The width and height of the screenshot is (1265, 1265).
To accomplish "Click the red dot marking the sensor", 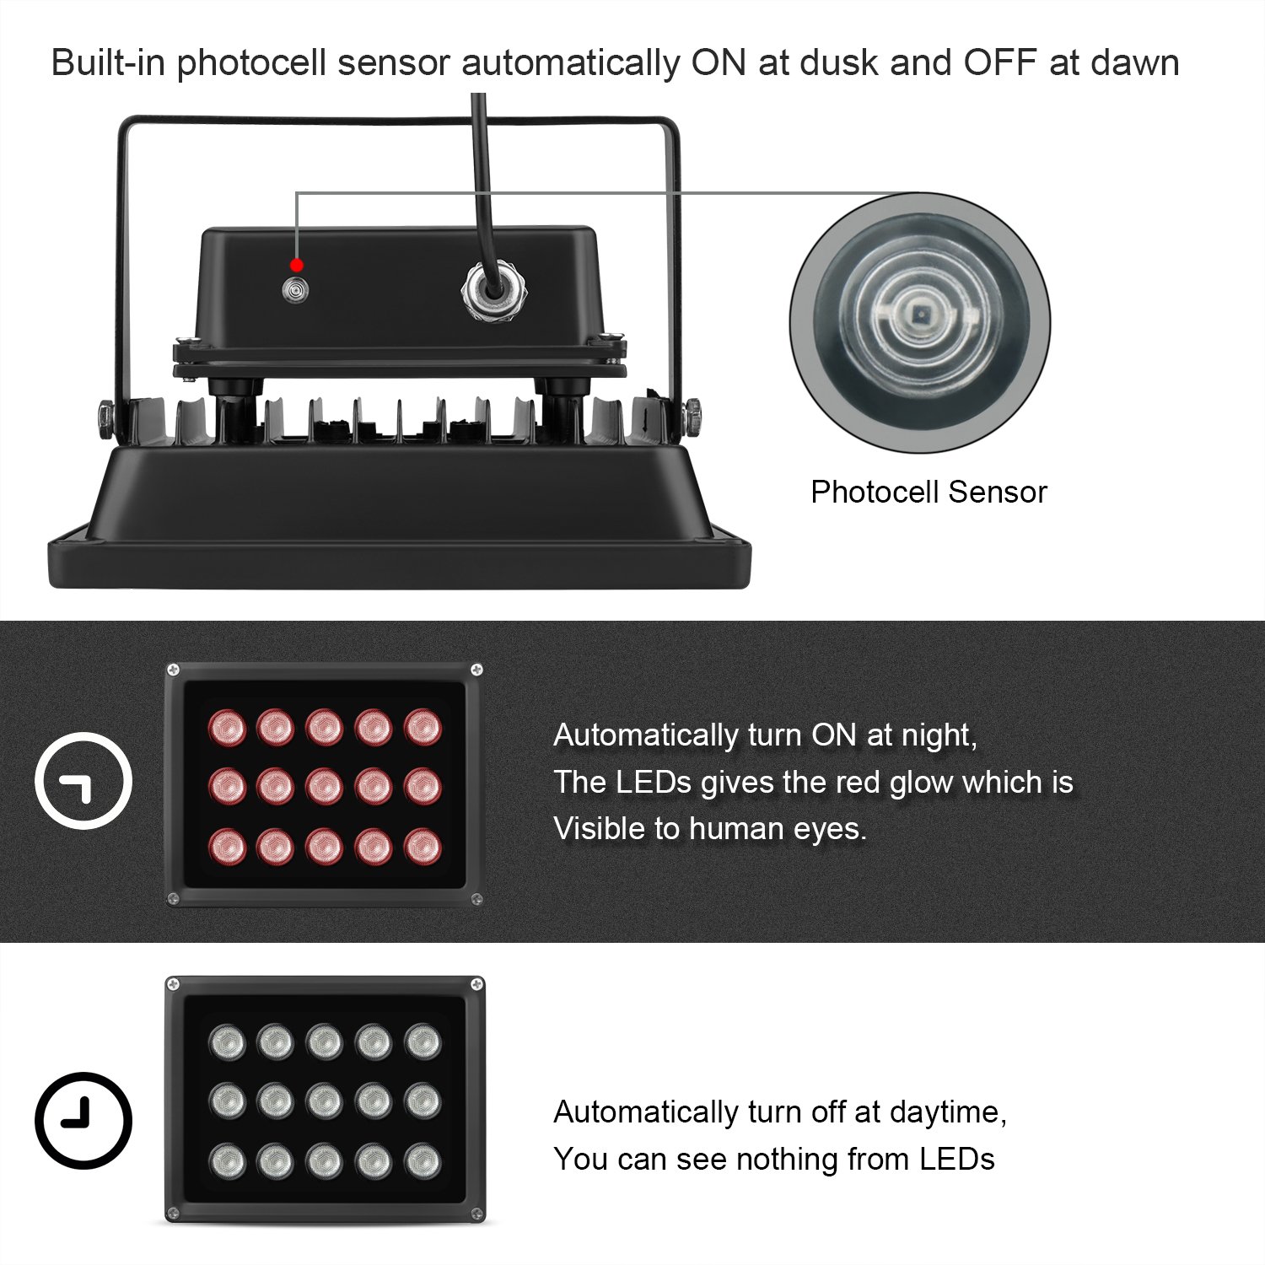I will click(x=296, y=266).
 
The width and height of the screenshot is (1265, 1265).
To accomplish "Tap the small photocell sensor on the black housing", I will click(x=295, y=290).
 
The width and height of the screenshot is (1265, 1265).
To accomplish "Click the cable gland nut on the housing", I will click(x=493, y=291).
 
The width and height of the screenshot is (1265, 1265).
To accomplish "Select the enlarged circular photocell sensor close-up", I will click(x=920, y=323).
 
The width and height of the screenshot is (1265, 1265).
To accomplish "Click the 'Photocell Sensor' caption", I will click(x=929, y=492).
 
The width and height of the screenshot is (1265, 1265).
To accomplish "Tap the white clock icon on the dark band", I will click(x=83, y=781).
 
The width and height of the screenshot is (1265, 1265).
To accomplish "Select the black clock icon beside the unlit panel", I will click(x=83, y=1120).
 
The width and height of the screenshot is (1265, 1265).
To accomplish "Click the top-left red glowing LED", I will click(x=227, y=727).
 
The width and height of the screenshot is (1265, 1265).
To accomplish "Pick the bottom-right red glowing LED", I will click(x=423, y=847).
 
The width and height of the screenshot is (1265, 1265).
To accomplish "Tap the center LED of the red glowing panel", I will click(x=325, y=787).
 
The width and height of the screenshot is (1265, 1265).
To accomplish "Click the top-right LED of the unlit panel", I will click(x=423, y=1042).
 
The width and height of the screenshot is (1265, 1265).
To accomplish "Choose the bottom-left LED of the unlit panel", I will click(x=227, y=1161).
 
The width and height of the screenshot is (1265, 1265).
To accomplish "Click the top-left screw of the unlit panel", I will click(x=173, y=984).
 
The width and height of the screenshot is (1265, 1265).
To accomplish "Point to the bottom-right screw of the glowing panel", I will click(x=476, y=899).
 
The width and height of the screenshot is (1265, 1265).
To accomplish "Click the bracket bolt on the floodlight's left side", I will click(x=105, y=416).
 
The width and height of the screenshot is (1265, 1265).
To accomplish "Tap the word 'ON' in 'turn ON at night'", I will click(x=834, y=735).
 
